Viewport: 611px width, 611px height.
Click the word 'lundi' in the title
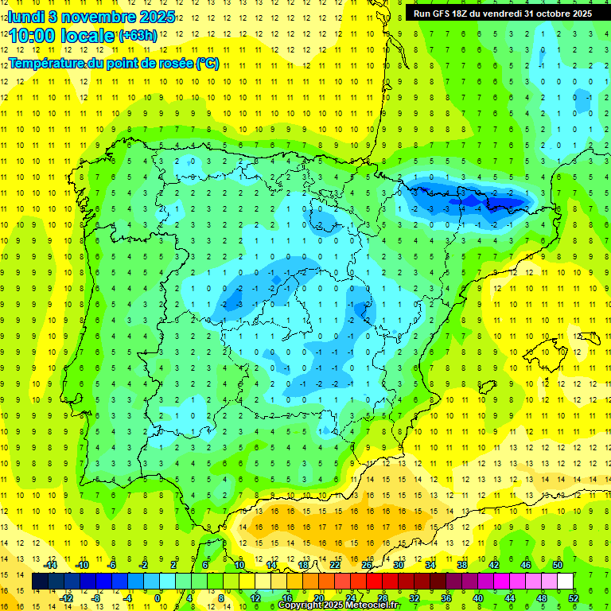[26, 16]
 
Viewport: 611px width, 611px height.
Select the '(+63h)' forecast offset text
[138, 35]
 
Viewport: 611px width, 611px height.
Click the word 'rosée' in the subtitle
[172, 63]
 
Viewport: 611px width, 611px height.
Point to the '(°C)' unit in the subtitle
[207, 63]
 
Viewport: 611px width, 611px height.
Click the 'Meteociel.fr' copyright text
[374, 605]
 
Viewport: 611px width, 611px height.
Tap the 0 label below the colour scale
[158, 597]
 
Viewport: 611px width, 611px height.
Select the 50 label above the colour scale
[557, 565]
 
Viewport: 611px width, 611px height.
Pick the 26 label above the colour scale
[367, 565]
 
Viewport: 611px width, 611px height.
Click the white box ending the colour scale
[565, 582]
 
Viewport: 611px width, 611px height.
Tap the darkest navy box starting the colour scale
[40, 582]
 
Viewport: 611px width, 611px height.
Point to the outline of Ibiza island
[487, 387]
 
